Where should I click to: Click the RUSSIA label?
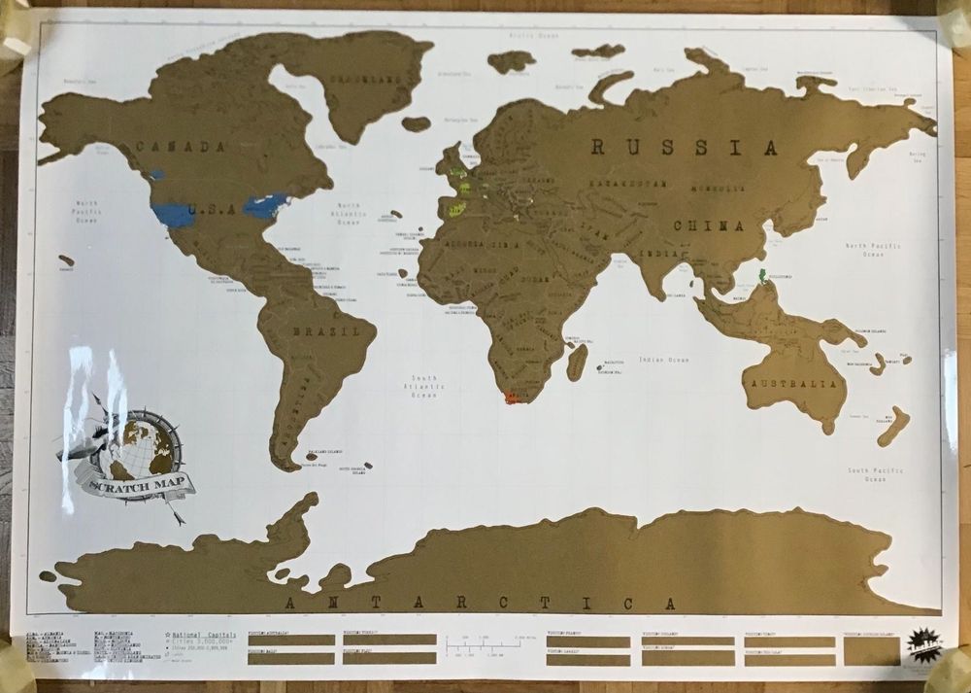point(685,149)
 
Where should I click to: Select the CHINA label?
point(712,226)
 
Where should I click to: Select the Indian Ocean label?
point(664,360)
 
